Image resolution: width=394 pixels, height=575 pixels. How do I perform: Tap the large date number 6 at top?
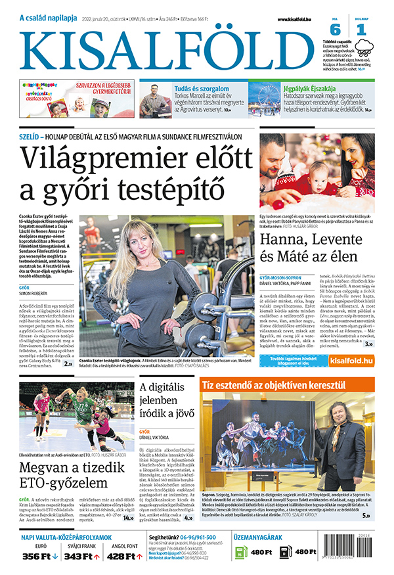[x=335, y=30]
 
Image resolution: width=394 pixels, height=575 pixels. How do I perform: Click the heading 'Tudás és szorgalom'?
[x=201, y=89]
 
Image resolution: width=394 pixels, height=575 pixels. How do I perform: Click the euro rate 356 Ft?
[x=37, y=556]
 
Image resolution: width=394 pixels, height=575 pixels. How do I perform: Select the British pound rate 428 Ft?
[x=121, y=556]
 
